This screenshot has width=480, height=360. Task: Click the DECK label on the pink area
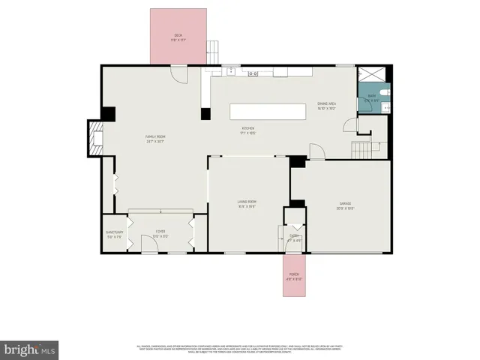(178, 35)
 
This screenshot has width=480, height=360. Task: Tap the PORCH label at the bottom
(295, 274)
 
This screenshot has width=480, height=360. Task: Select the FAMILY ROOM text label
(154, 136)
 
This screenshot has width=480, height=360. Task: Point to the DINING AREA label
(326, 104)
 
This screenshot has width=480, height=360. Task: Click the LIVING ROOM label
(247, 202)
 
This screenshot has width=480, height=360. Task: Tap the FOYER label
(160, 232)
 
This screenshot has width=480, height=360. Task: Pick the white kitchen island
(268, 112)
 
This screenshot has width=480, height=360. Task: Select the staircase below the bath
(362, 149)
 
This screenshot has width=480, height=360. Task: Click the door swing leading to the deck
(178, 73)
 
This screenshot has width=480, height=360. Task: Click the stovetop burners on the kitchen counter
(253, 73)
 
